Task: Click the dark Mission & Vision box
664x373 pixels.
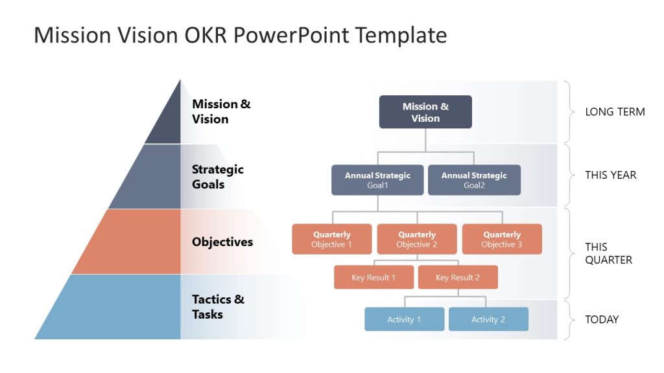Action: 425,112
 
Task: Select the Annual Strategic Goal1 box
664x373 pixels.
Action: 377,180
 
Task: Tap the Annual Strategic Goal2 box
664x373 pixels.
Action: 474,180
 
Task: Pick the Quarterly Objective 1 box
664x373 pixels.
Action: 332,239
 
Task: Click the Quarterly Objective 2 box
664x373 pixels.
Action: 417,239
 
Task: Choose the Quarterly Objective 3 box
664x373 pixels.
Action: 502,239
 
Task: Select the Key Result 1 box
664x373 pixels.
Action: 373,277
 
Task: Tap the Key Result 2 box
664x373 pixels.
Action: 458,277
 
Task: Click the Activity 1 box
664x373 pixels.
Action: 404,319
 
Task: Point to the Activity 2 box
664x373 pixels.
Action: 488,319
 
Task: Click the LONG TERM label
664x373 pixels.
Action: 615,112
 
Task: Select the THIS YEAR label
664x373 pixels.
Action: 610,175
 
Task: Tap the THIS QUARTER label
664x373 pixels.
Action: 608,253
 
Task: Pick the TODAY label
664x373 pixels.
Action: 602,319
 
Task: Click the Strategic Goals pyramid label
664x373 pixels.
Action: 218,177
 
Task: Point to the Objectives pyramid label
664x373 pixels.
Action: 222,242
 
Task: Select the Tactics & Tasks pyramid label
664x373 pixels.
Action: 218,307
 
